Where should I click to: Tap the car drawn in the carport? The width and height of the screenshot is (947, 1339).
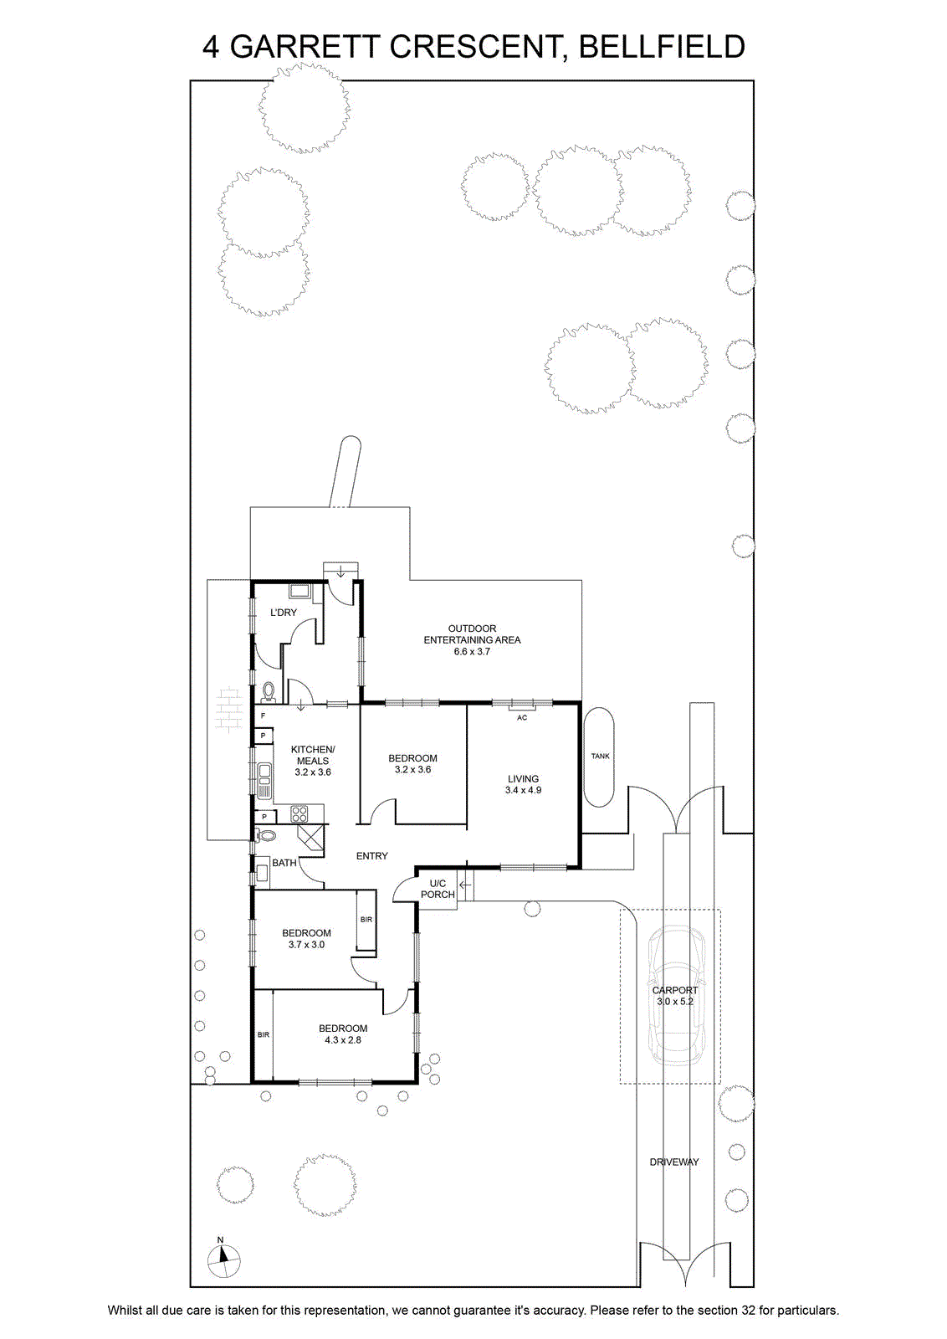click(x=677, y=995)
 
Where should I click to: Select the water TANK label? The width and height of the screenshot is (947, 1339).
click(x=600, y=757)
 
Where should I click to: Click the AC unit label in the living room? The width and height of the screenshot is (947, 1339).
click(x=521, y=718)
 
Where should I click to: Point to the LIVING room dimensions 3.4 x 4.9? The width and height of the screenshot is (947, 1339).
click(x=523, y=790)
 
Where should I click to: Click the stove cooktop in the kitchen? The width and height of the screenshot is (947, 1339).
click(x=299, y=814)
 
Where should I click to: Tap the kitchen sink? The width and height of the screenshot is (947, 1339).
click(x=264, y=780)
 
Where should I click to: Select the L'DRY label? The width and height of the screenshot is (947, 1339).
click(x=284, y=613)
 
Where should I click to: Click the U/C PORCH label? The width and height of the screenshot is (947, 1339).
click(x=438, y=889)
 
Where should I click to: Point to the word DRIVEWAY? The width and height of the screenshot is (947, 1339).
click(x=674, y=1162)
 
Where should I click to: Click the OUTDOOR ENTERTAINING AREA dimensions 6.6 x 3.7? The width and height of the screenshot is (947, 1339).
click(x=472, y=652)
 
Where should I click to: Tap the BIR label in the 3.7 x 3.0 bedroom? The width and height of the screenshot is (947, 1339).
click(x=366, y=920)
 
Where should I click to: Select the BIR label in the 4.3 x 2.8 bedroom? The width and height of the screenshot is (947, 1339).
click(x=264, y=1034)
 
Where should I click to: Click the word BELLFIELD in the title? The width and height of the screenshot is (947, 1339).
click(x=662, y=47)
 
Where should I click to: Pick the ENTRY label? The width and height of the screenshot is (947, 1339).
click(x=371, y=856)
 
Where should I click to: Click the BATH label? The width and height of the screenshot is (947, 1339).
click(x=284, y=863)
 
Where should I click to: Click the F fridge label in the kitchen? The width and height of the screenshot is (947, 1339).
click(x=263, y=716)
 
